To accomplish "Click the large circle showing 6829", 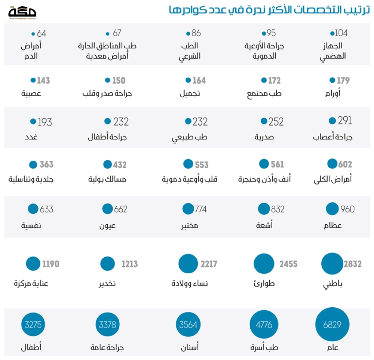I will click(x=332, y=324).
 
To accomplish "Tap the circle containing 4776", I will click(x=264, y=324).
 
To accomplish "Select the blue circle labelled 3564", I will click(x=188, y=324).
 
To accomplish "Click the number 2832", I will click(x=353, y=264).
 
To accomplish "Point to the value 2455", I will click(x=288, y=264).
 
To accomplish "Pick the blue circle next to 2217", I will click(x=188, y=264).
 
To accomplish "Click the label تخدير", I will click(x=107, y=283).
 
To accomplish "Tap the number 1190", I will click(x=50, y=264).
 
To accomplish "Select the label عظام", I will click(x=333, y=226).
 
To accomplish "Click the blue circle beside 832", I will click(x=264, y=209).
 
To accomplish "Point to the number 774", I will click(x=200, y=209).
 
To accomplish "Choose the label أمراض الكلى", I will click(x=333, y=179).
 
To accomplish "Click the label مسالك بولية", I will click(x=107, y=179).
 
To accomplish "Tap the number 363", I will click(x=47, y=164).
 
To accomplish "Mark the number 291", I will click(x=345, y=121).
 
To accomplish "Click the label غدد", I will click(x=32, y=137).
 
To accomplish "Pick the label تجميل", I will click(x=190, y=93).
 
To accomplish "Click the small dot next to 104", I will click(x=332, y=34).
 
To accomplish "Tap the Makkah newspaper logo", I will click(x=22, y=13).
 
